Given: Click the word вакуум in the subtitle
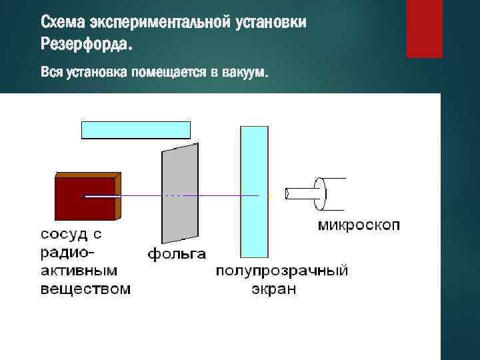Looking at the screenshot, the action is (x=246, y=72).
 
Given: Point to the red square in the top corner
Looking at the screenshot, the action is (x=425, y=29).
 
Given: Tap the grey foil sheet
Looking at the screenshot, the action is (x=180, y=193).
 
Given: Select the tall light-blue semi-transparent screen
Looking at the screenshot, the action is (x=254, y=191).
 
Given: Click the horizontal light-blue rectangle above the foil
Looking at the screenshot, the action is (x=135, y=129).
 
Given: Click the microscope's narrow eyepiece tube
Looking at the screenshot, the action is (x=299, y=194).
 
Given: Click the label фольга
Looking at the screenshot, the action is (x=177, y=254).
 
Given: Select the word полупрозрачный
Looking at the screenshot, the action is (x=281, y=271).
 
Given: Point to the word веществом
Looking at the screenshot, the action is (x=85, y=289).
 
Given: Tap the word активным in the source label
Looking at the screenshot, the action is (x=79, y=271).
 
